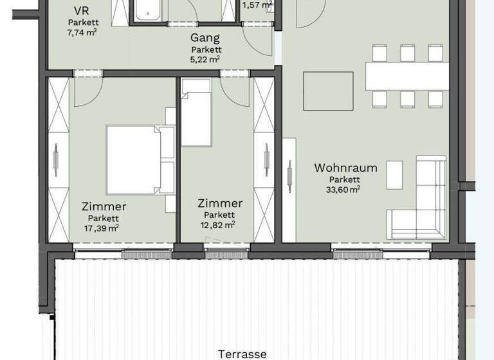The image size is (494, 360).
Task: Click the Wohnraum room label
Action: coord(345,168)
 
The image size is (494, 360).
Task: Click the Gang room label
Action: coord(205,39)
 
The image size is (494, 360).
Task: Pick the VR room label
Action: coord(82,12)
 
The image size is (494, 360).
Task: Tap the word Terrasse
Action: coord(242,354)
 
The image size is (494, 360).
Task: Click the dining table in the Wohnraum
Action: coord(407,76)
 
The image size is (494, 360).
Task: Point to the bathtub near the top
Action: coord(150,11)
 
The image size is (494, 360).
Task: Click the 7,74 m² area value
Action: coord(82,32)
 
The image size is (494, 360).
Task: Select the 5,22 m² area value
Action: coord(205,59)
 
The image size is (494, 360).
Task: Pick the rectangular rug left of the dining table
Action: coord(328,91)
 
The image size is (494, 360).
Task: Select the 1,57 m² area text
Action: coord(256,6)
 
